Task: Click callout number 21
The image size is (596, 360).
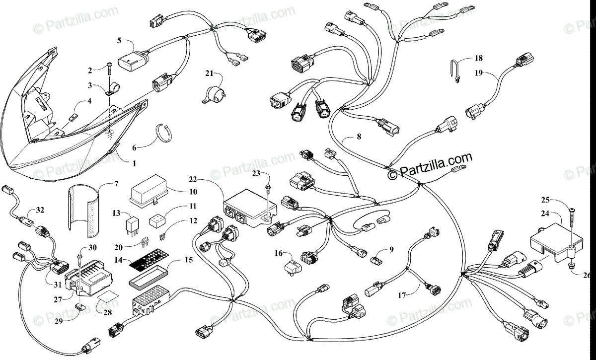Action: [x=209, y=74]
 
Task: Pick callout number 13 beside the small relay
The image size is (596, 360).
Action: [x=116, y=214]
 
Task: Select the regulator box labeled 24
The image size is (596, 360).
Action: [x=550, y=243]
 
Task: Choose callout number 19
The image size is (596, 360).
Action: [x=478, y=73]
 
